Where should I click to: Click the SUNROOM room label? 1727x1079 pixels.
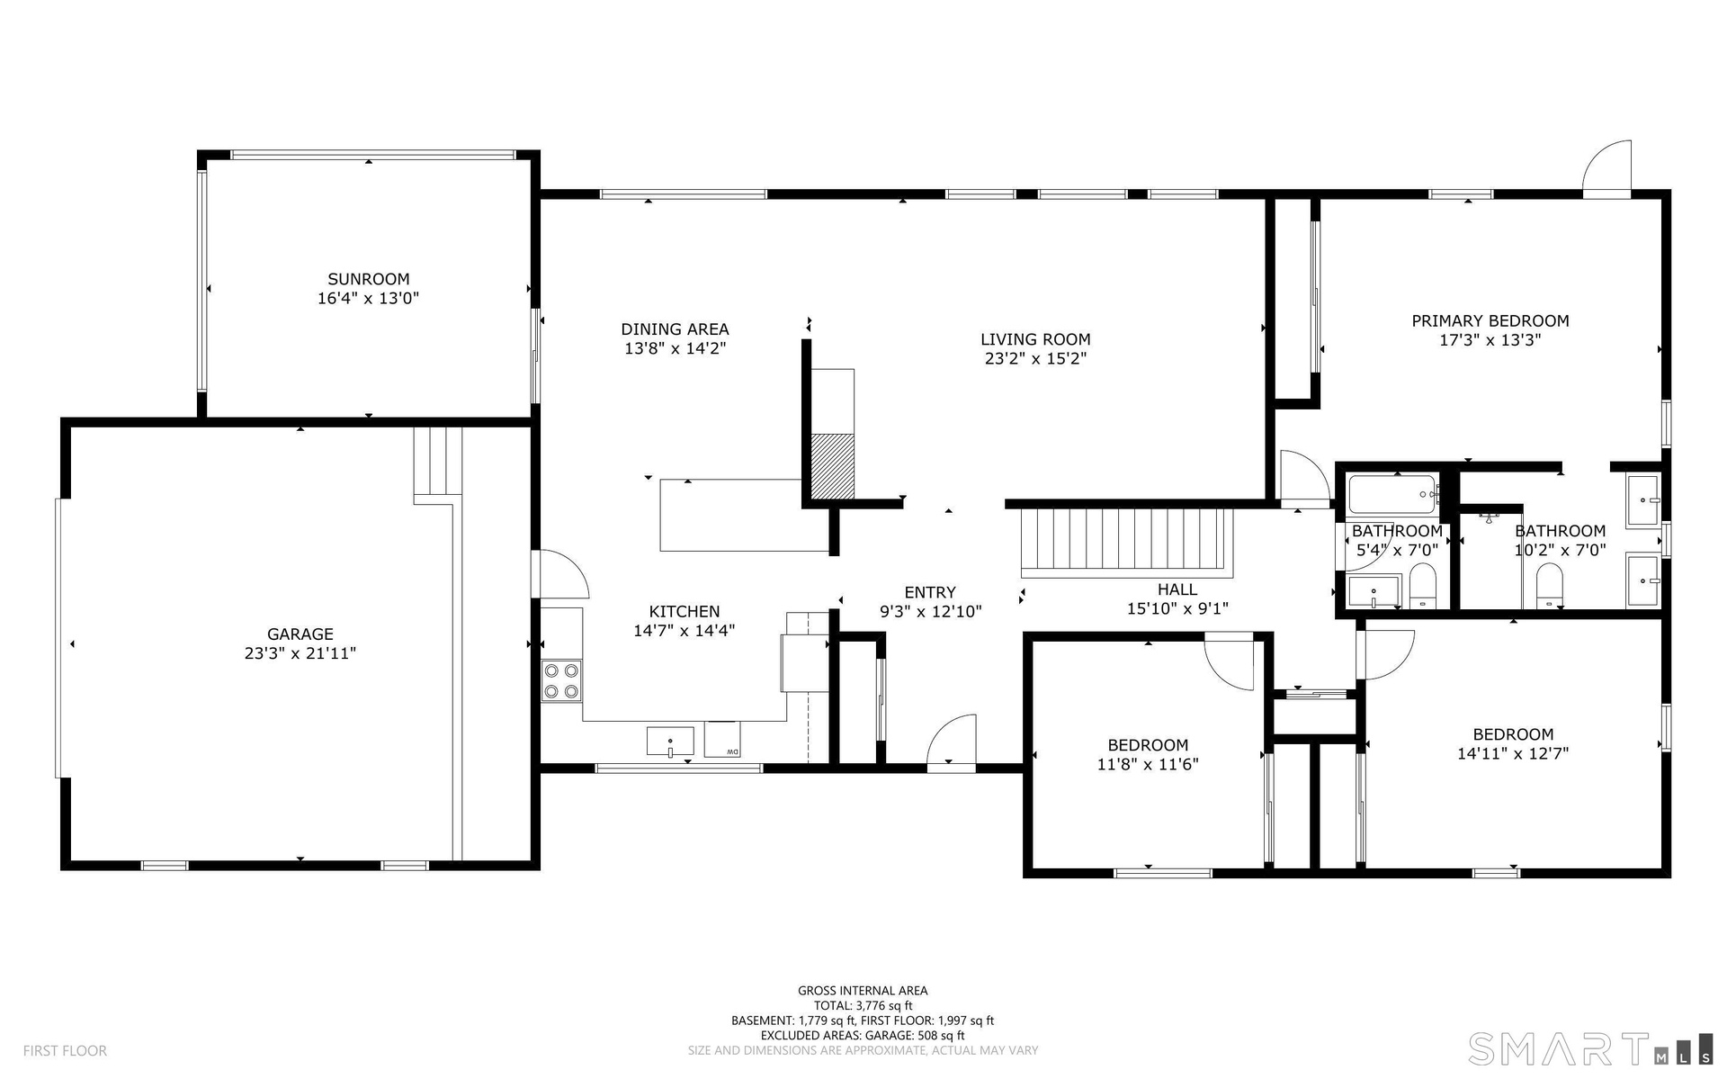[x=368, y=279]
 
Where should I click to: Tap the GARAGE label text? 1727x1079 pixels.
[x=300, y=634]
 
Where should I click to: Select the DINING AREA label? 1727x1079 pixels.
[x=675, y=329]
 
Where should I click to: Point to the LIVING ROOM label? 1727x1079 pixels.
[x=1035, y=339]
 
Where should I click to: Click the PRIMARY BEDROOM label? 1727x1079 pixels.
[x=1490, y=320]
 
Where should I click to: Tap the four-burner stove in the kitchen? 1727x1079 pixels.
[x=561, y=681]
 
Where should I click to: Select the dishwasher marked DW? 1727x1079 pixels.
[x=722, y=740]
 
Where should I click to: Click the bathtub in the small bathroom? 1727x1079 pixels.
[x=1392, y=494]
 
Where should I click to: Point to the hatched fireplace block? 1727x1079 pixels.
[x=832, y=465]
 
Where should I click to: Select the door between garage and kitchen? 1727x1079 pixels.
[x=559, y=574]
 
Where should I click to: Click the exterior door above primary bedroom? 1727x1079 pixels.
[x=1606, y=168]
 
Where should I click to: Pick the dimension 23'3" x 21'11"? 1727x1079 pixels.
[x=300, y=653]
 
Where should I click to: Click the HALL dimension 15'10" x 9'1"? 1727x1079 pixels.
[x=1177, y=608]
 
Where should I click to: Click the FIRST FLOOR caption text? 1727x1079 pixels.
[x=65, y=1050]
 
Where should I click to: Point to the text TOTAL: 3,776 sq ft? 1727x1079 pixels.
[x=863, y=1005]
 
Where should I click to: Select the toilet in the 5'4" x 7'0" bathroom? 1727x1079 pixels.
[x=1422, y=586]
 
